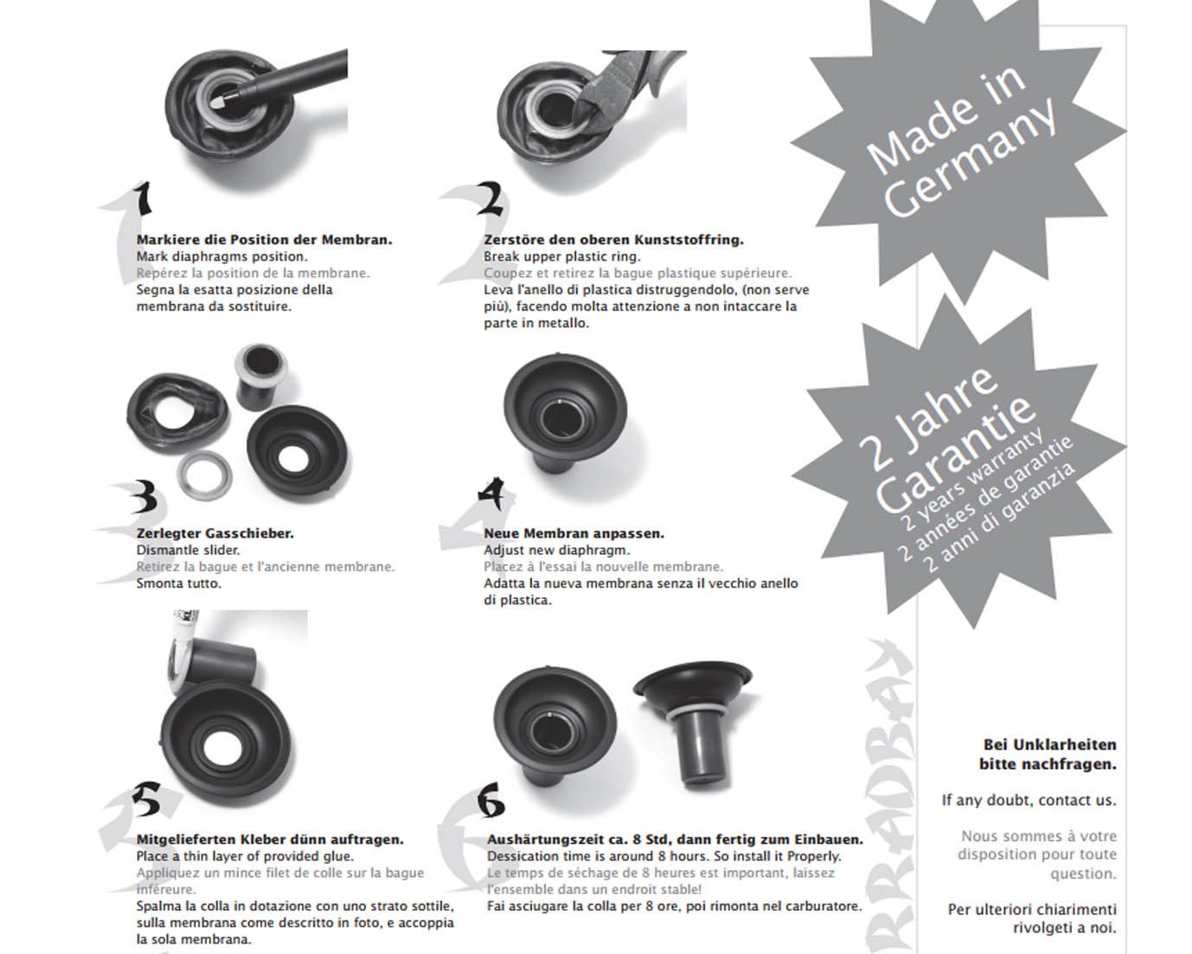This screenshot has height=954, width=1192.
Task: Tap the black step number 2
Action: click(490, 198)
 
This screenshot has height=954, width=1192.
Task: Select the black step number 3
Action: click(144, 497)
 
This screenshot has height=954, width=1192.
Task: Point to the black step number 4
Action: click(491, 493)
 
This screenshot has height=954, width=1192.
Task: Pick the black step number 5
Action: click(147, 799)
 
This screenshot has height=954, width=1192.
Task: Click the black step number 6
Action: click(490, 800)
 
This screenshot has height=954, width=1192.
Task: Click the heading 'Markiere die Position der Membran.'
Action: click(264, 240)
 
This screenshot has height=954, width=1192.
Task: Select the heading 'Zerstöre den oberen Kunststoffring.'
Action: click(613, 240)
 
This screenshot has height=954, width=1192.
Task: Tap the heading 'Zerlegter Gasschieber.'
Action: click(215, 533)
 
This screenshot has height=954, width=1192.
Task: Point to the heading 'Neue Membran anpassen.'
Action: click(574, 533)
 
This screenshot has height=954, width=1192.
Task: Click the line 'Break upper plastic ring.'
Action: click(562, 256)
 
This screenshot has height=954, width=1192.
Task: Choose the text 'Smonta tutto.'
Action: click(178, 583)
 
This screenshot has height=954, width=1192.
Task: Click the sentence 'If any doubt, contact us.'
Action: click(1029, 801)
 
